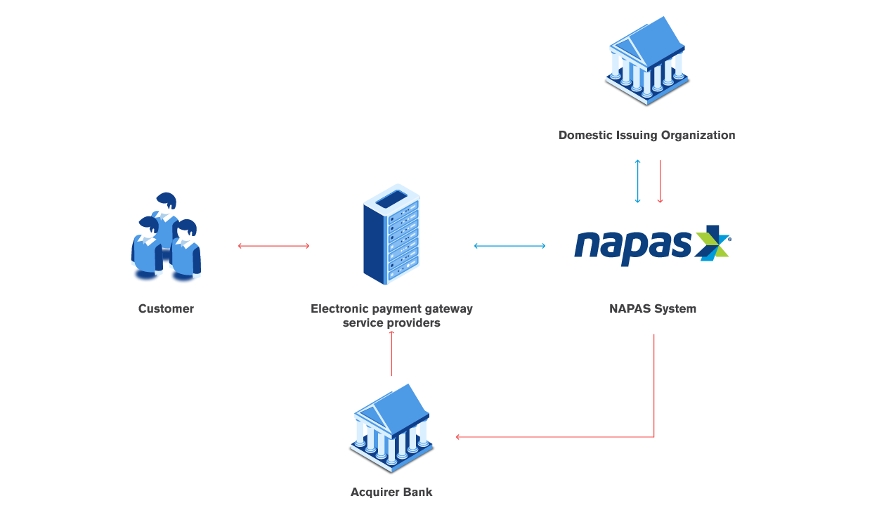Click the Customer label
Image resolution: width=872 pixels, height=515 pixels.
(166, 308)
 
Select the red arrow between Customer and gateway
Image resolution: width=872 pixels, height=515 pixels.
(274, 246)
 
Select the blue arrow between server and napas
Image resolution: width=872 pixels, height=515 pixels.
(510, 246)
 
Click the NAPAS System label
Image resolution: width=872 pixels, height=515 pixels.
(653, 308)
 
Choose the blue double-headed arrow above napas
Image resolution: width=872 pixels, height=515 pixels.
(638, 181)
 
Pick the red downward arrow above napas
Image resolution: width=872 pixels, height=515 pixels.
(660, 181)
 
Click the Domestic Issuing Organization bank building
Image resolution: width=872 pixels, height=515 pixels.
(647, 62)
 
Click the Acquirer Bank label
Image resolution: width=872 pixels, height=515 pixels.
(391, 492)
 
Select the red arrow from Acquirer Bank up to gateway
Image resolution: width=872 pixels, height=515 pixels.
(391, 355)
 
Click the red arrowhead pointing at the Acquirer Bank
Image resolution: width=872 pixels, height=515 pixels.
(458, 437)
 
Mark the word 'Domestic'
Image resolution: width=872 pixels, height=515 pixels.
(584, 135)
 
